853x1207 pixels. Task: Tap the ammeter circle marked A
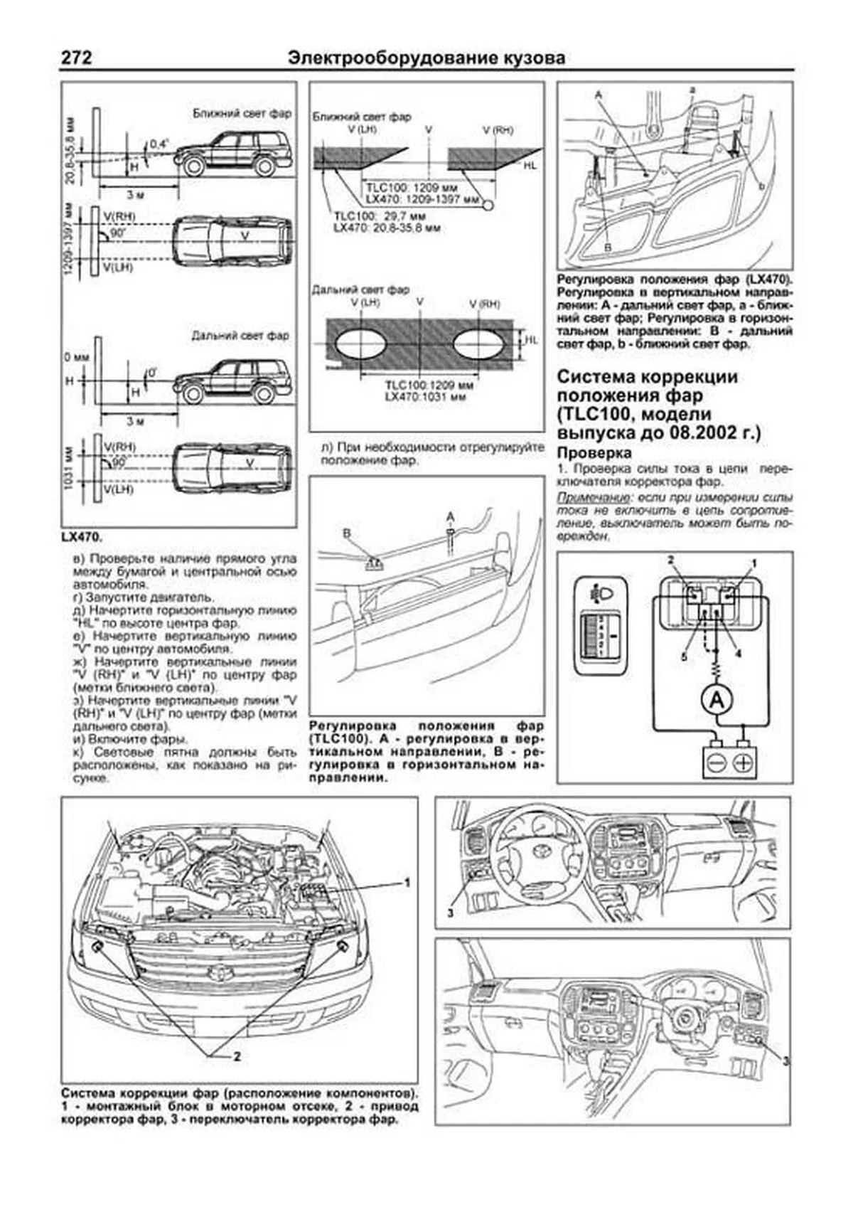coord(718,701)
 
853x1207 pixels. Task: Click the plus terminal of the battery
coord(742,762)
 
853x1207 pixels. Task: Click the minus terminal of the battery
coord(716,762)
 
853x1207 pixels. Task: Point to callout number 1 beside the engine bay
coord(407,883)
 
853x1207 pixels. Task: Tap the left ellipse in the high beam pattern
coord(360,348)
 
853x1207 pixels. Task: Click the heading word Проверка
coord(594,453)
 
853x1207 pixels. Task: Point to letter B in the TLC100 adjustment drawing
coord(347,532)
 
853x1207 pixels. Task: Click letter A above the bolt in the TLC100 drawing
coord(450,516)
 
